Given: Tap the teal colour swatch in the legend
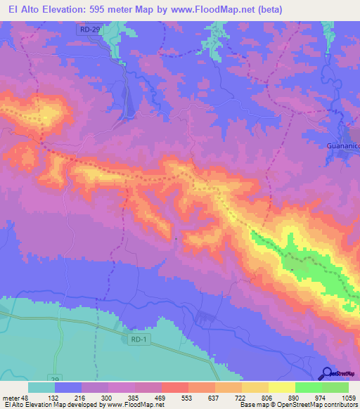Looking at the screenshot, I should (x=41, y=387).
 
